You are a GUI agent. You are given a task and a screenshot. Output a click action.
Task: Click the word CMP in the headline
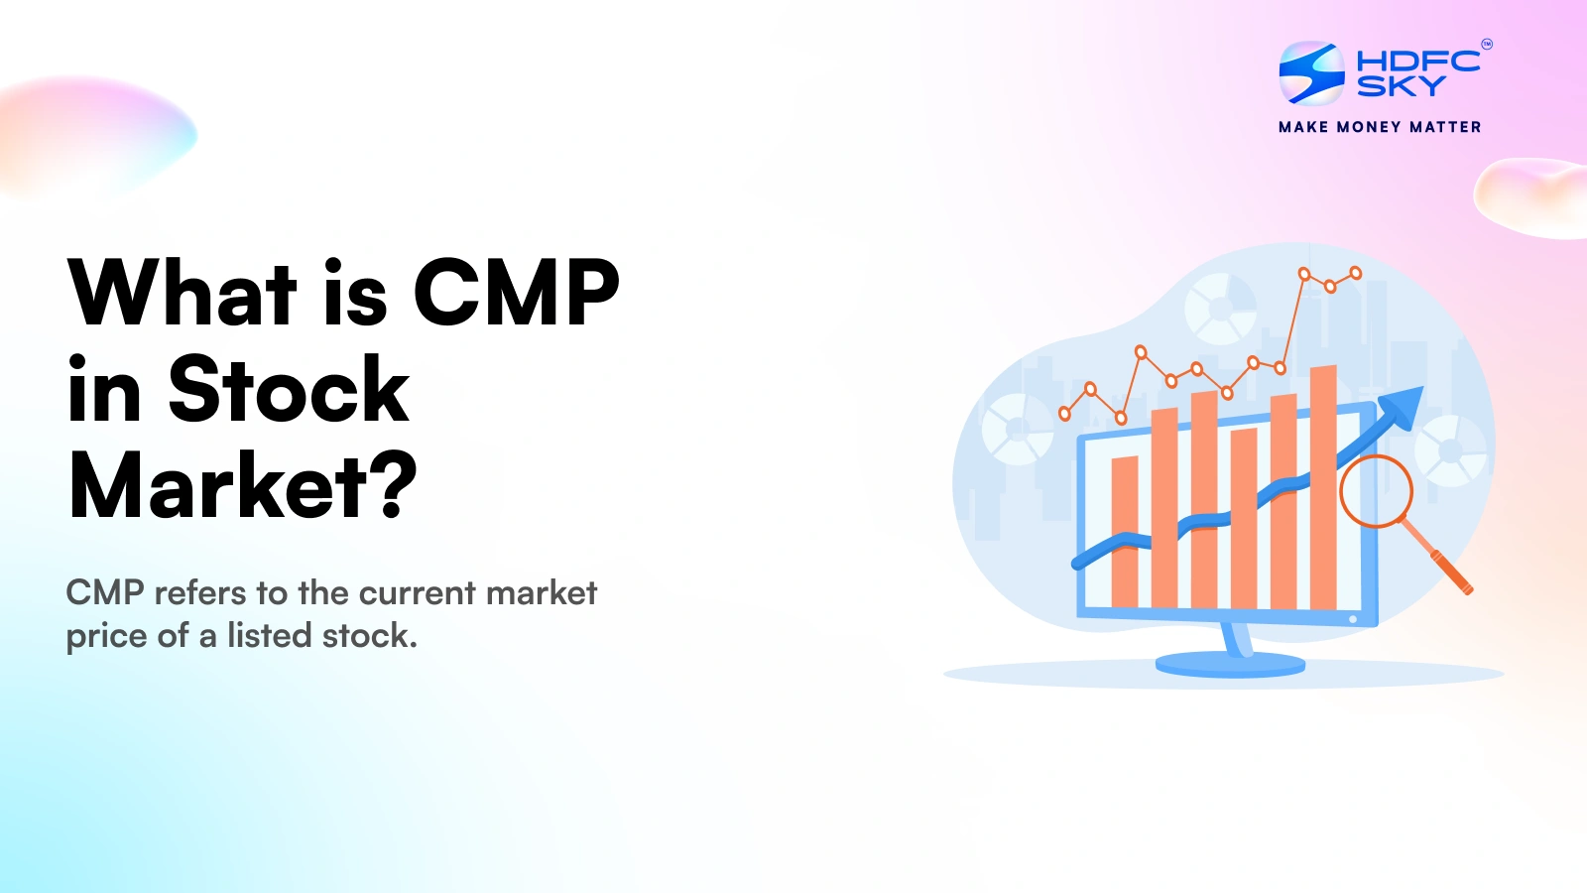coord(516,293)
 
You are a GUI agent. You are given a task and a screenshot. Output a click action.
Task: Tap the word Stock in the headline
coord(289,390)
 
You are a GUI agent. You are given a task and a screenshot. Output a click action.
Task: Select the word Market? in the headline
coord(243,486)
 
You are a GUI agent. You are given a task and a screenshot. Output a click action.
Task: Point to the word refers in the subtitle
coord(200,593)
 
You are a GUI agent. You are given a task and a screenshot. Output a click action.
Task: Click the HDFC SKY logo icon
coord(1311,72)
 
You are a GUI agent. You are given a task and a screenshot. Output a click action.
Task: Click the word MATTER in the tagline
coord(1445,127)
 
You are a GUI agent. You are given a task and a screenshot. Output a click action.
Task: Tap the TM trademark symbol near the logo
coord(1486,44)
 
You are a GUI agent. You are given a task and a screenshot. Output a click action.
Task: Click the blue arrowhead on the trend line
coord(1403,405)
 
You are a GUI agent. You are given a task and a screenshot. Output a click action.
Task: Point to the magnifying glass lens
coord(1376,490)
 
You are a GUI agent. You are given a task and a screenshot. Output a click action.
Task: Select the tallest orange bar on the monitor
coord(1323,486)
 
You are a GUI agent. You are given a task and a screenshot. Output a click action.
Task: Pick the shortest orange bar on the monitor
coord(1125,531)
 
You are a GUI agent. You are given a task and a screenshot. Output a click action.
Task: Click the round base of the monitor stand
coord(1231,664)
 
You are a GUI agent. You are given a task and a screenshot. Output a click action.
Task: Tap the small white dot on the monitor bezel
coord(1353,619)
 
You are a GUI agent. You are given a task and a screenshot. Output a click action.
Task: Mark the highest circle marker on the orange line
coord(1356,273)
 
